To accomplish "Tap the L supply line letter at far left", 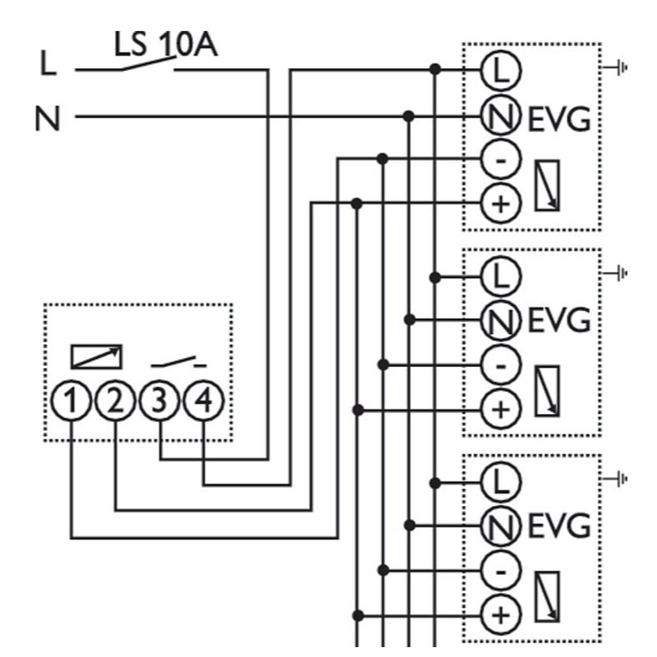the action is tap(48, 63).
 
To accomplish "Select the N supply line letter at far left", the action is tap(48, 118).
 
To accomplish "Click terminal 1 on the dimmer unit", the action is tap(71, 401).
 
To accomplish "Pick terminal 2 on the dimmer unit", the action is tap(115, 401).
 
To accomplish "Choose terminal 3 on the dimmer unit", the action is tap(159, 401).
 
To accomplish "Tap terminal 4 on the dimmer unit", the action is tap(204, 401).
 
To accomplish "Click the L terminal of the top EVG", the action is tap(501, 71).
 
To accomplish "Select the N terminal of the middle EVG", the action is tap(501, 321).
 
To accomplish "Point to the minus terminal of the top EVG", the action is tap(501, 160).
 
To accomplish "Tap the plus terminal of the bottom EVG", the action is tap(501, 615).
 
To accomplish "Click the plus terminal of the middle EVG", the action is tap(501, 409).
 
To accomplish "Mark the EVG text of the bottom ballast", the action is tap(559, 526).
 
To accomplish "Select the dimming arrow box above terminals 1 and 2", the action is tap(96, 356).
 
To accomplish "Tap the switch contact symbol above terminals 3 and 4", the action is tap(179, 362).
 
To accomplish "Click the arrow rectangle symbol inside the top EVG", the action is tap(547, 186).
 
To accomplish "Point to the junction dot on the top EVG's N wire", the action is tap(408, 116).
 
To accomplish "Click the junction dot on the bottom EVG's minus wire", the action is tap(383, 570).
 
